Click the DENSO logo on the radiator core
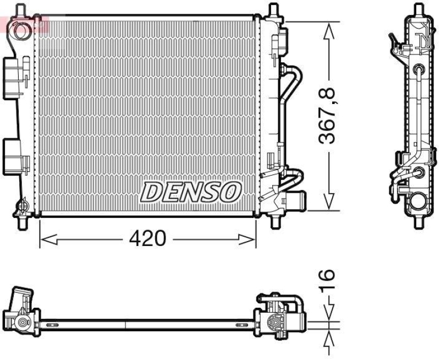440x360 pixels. click(x=191, y=192)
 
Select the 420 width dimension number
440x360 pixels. click(x=147, y=239)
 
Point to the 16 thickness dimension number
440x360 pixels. click(x=328, y=282)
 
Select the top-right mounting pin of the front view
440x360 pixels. click(x=273, y=10)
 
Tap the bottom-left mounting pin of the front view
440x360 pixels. click(x=23, y=223)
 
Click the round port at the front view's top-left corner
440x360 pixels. click(x=21, y=31)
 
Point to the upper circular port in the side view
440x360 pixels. click(x=420, y=70)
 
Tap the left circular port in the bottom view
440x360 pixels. click(x=22, y=322)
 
